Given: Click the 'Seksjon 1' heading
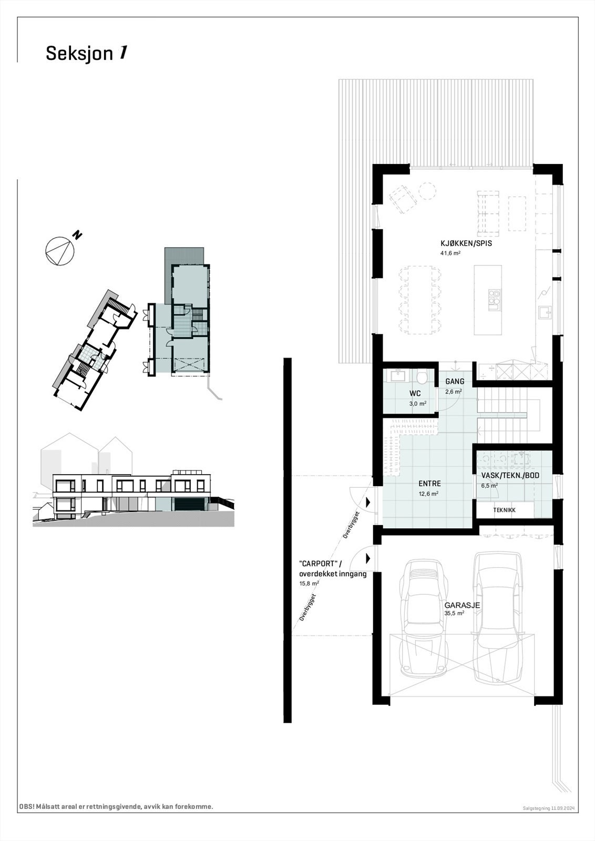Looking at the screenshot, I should pyautogui.click(x=86, y=54).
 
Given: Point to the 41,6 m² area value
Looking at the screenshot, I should pyautogui.click(x=450, y=253).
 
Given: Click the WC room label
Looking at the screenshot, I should pyautogui.click(x=415, y=393).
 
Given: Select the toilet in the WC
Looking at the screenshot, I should pyautogui.click(x=421, y=377).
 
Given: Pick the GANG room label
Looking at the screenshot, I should pyautogui.click(x=454, y=382).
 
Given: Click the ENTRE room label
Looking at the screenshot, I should pyautogui.click(x=429, y=484).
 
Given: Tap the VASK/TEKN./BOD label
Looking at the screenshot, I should pyautogui.click(x=510, y=476).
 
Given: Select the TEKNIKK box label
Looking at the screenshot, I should pyautogui.click(x=504, y=510).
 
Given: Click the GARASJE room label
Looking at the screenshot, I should pyautogui.click(x=462, y=605).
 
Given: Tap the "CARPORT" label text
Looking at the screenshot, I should pyautogui.click(x=317, y=564).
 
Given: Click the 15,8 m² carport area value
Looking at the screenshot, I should pyautogui.click(x=309, y=583).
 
